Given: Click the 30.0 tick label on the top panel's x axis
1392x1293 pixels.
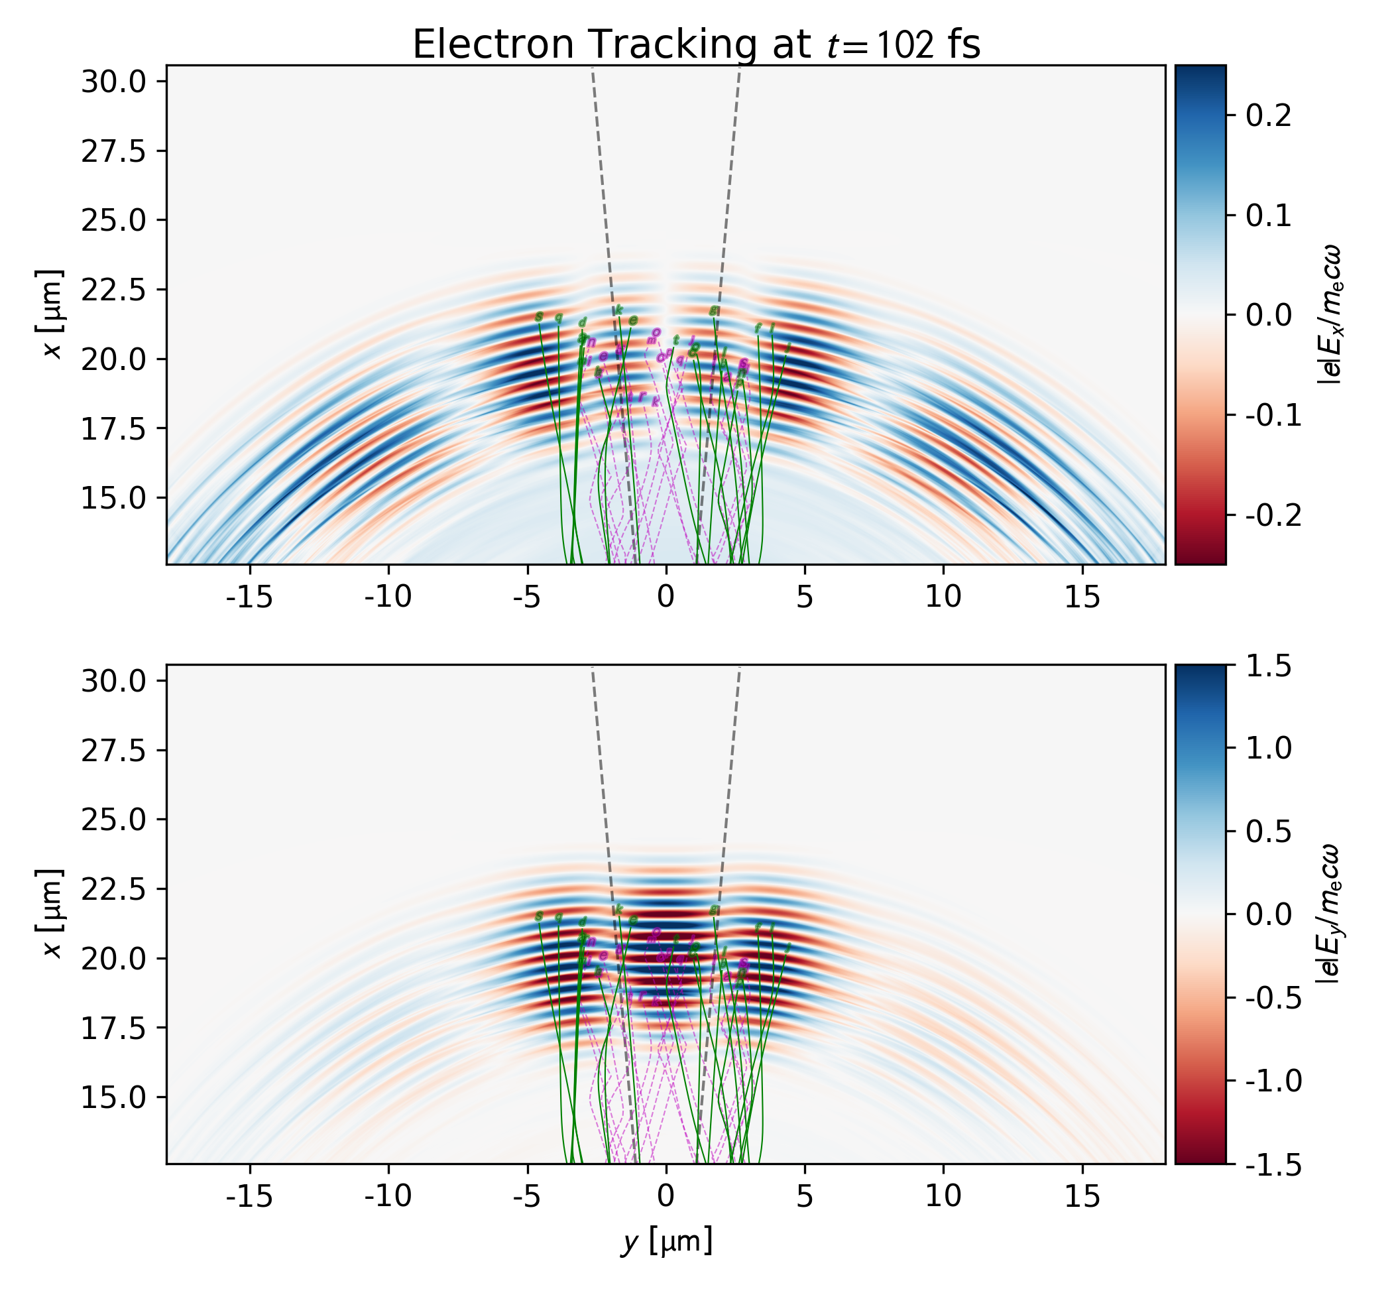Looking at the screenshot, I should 113,82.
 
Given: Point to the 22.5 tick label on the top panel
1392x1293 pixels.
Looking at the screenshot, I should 113,290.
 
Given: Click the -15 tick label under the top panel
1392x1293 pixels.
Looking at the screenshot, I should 250,597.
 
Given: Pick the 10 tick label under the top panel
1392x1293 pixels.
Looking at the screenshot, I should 943,597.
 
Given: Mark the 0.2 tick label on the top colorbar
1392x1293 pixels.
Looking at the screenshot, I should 1268,115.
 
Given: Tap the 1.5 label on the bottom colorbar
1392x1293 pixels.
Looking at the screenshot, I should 1268,667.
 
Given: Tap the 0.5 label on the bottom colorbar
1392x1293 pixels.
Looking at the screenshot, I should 1268,833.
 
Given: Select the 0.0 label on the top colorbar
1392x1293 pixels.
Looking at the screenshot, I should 1268,316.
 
